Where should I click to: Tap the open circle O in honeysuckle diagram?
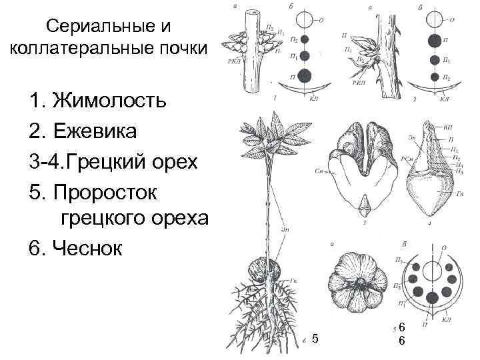coord(305,20)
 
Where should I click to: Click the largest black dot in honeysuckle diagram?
coord(305,75)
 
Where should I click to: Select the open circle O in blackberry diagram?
coord(435,20)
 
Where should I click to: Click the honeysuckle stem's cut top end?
coord(252,13)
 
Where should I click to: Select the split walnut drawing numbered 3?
coord(363,166)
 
